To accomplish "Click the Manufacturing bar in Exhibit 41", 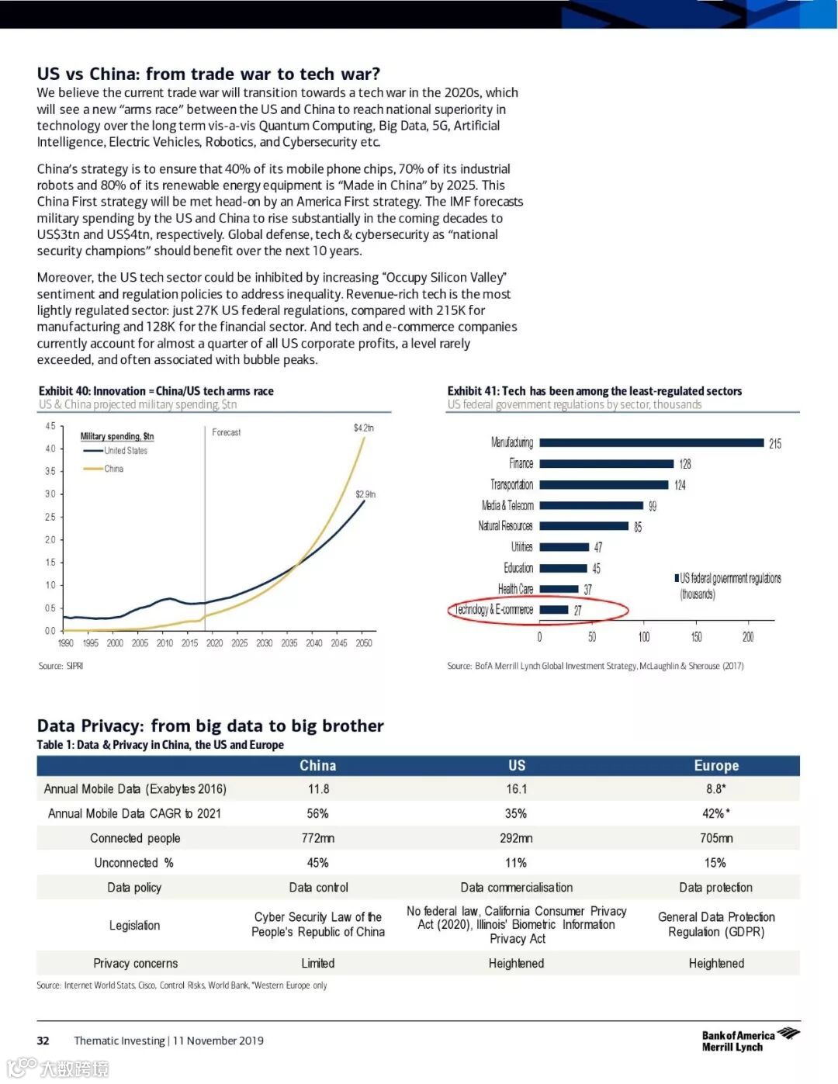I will pyautogui.click(x=652, y=443).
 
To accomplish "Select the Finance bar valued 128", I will pyautogui.click(x=607, y=464).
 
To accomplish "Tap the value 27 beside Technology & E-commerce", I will pyautogui.click(x=577, y=611).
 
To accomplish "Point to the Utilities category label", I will pyautogui.click(x=521, y=547).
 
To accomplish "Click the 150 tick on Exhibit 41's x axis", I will pyautogui.click(x=696, y=637).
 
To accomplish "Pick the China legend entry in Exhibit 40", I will pyautogui.click(x=113, y=469).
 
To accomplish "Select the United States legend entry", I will pyautogui.click(x=125, y=451).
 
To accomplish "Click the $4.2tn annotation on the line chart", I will pyautogui.click(x=363, y=428).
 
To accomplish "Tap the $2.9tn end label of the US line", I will pyautogui.click(x=365, y=494).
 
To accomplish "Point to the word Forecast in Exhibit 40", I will pyautogui.click(x=227, y=432).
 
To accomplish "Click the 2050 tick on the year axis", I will pyautogui.click(x=363, y=643).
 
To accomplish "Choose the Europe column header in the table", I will pyautogui.click(x=716, y=766).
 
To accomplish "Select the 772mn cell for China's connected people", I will pyautogui.click(x=318, y=838).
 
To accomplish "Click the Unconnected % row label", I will pyautogui.click(x=134, y=863).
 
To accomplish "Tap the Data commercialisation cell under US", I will pyautogui.click(x=517, y=888).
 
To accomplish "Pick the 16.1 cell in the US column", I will pyautogui.click(x=517, y=789).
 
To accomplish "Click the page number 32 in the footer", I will pyautogui.click(x=43, y=1041).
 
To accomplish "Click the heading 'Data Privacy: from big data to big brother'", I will pyautogui.click(x=210, y=726).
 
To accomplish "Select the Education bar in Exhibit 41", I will pyautogui.click(x=563, y=568).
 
